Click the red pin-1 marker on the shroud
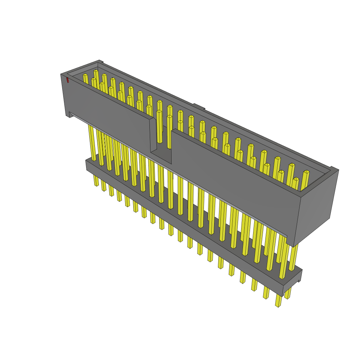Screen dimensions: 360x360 [67, 80]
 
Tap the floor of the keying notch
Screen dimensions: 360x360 [161, 153]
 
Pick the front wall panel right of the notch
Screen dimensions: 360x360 [232, 183]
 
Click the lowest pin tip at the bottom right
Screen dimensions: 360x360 [278, 304]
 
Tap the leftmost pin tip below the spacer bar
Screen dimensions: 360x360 [96, 184]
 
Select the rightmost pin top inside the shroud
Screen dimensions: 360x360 [306, 172]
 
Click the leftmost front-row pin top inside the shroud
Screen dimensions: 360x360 [85, 75]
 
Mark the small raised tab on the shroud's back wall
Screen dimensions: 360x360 [199, 106]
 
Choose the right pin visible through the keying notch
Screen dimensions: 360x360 [169, 132]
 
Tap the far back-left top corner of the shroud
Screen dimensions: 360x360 [100, 61]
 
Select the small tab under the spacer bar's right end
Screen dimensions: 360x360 [299, 281]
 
